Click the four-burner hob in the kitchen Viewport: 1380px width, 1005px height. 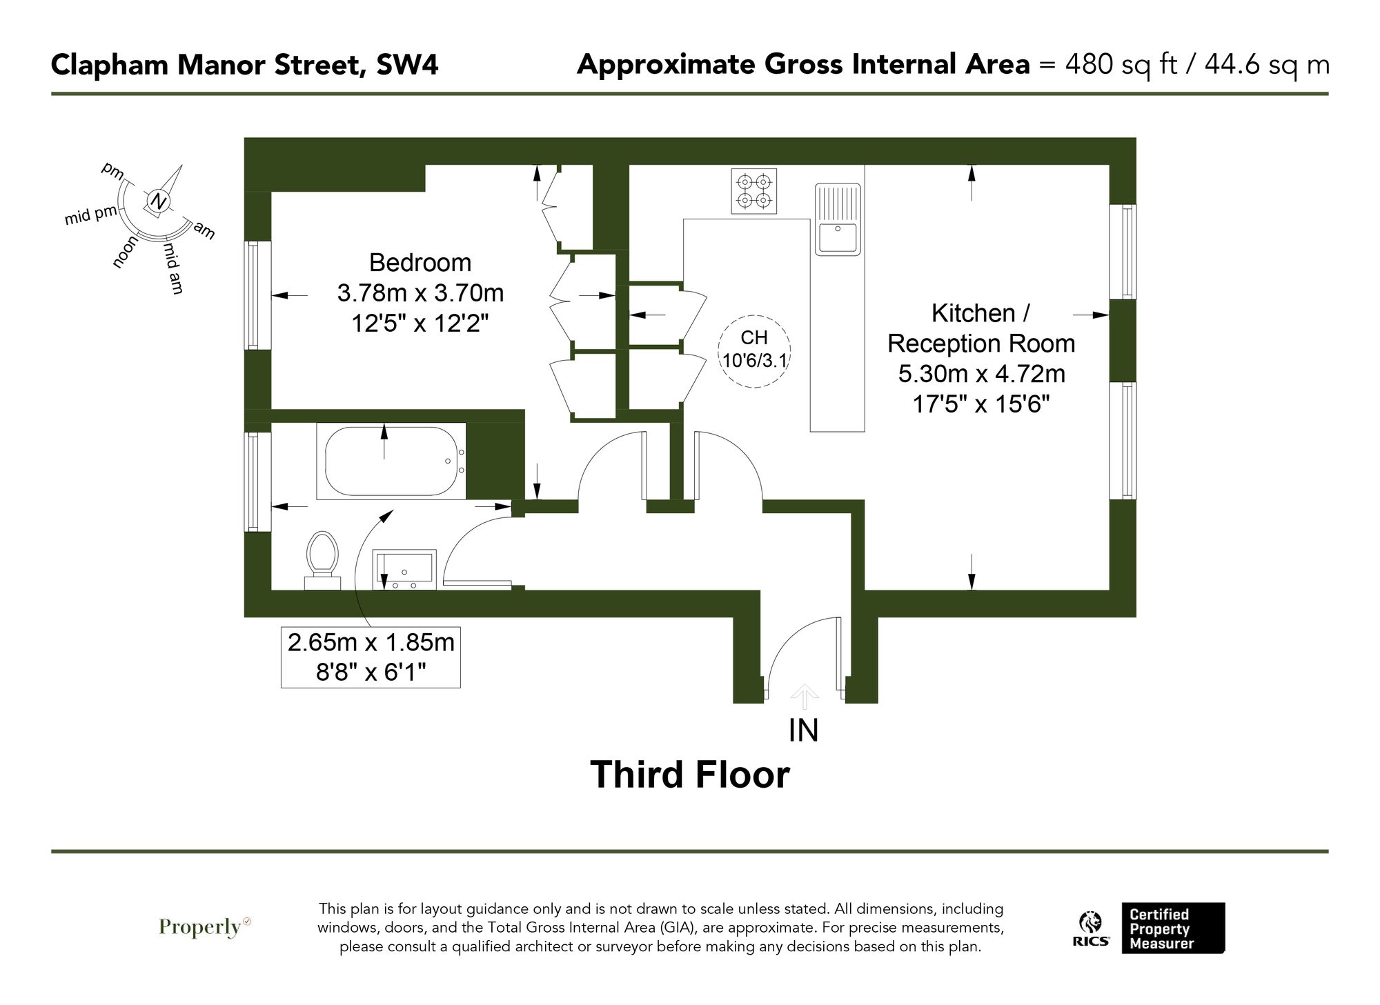pos(753,191)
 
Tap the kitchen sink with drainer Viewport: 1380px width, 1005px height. pos(838,219)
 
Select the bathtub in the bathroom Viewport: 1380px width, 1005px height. pos(391,461)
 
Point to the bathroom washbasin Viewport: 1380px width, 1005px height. pos(404,570)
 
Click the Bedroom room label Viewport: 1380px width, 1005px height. pos(420,263)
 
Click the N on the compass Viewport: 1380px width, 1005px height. pos(159,202)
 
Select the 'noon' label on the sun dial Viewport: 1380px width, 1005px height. pos(125,251)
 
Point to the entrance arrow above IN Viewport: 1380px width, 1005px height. pos(804,696)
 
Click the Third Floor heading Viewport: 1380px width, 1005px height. pos(689,775)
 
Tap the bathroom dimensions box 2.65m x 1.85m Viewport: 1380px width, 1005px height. pos(371,657)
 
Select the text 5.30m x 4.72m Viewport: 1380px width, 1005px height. pos(981,374)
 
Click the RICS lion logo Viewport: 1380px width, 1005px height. pos(1091,928)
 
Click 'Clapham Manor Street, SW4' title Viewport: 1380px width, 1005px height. pos(244,65)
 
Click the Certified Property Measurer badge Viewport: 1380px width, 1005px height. pos(1172,928)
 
